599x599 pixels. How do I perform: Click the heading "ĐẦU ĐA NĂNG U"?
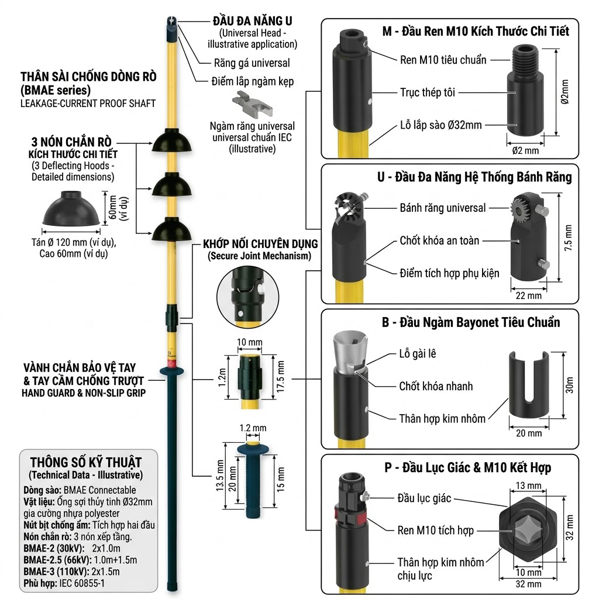point(253,20)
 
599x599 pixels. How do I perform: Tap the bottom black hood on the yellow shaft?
point(172,229)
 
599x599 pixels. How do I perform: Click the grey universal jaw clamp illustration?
point(252,104)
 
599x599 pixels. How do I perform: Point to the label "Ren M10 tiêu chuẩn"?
point(443,60)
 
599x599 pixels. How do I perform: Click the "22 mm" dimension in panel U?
point(528,295)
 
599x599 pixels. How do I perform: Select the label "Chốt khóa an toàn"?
point(439,240)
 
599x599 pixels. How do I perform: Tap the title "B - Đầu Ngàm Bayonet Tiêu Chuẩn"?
point(471,322)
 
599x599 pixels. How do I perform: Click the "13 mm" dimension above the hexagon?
point(528,486)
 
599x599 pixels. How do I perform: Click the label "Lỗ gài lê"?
point(417,354)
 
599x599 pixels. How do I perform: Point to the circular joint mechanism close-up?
point(247,297)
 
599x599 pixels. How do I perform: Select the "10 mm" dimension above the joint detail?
point(249,342)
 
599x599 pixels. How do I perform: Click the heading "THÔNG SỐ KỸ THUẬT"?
point(86,463)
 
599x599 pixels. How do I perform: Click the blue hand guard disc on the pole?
point(172,370)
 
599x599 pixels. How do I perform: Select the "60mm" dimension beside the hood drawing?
point(113,208)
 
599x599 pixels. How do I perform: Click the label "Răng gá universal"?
point(252,63)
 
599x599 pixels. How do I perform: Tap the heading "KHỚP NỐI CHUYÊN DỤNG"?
point(260,244)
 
